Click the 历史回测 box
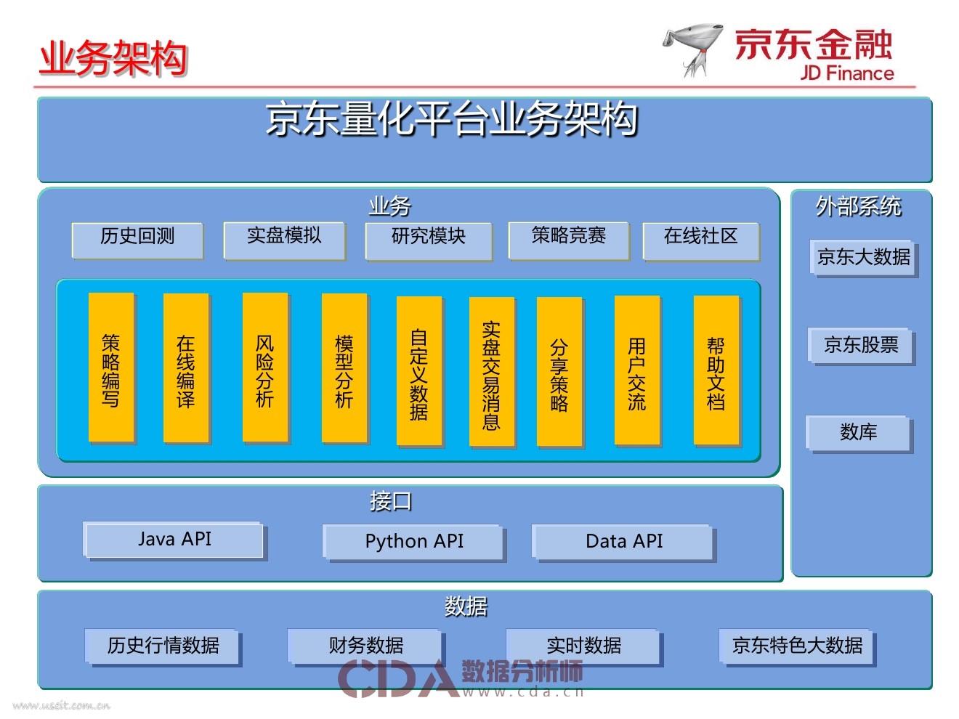point(137,240)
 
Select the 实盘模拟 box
point(284,240)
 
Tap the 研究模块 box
point(429,240)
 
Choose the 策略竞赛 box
point(568,240)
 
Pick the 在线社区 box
point(700,240)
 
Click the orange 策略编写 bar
point(111,367)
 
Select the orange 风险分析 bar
point(265,367)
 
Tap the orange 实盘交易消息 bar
point(492,371)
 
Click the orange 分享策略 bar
point(559,371)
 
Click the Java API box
point(174,540)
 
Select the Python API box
point(414,542)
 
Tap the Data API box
point(624,542)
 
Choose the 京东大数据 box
point(863,258)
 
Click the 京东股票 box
point(861,346)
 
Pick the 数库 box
point(859,433)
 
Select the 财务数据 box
point(365,646)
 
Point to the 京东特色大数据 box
point(797,646)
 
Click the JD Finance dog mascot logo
point(695,49)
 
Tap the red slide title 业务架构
point(113,58)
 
